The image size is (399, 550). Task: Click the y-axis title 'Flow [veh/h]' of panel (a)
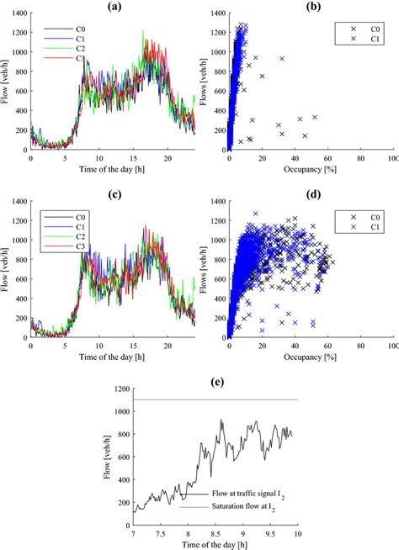pos(8,81)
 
